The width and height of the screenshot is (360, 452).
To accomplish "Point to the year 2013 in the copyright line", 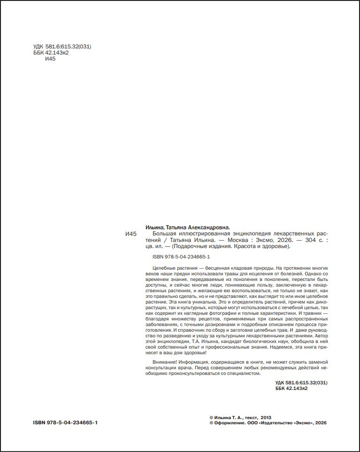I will pos(266,417).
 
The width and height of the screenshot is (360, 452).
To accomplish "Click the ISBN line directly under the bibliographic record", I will pos(181,257).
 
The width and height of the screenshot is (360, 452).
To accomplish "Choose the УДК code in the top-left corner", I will pos(62,47).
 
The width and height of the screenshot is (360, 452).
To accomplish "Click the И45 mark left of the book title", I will pos(131,234).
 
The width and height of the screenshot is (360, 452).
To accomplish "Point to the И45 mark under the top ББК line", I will pos(50,59).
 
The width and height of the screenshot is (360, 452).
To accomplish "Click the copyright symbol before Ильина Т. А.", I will pos(211,417).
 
